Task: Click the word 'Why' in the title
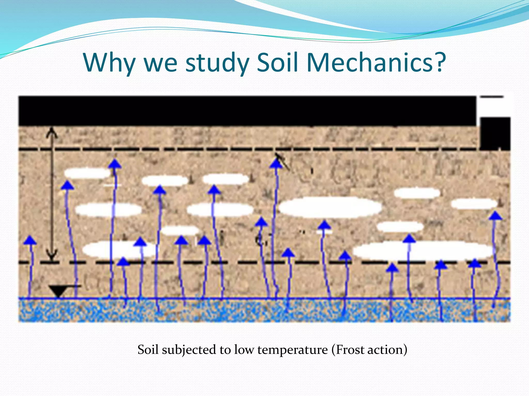(x=109, y=63)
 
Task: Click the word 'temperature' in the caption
(x=292, y=350)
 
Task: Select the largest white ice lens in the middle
(x=330, y=207)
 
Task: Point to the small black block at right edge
(x=495, y=134)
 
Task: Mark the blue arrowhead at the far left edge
(x=30, y=240)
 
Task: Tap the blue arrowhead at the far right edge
(x=495, y=216)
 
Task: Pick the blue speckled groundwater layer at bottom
(x=263, y=310)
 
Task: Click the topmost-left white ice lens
(x=87, y=173)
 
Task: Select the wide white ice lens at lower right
(x=424, y=250)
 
